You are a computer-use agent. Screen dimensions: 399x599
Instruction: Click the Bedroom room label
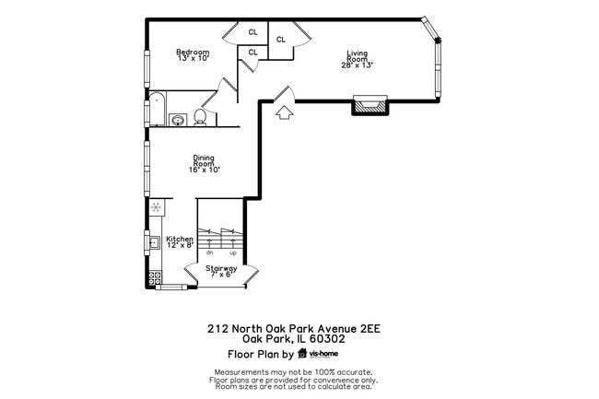193,52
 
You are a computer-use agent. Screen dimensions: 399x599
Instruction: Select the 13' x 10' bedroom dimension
193,58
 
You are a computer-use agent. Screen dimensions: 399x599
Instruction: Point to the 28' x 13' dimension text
358,65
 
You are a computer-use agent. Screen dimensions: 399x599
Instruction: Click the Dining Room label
204,159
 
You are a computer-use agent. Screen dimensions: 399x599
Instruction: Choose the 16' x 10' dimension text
204,170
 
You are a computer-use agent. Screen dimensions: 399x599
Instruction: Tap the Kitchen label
180,239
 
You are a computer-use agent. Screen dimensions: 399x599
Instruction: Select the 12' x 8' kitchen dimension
180,245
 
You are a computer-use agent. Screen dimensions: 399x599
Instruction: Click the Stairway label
221,268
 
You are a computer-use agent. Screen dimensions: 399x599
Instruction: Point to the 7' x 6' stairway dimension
221,275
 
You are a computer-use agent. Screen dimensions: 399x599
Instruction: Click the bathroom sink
178,119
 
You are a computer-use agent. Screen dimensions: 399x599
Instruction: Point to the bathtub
157,110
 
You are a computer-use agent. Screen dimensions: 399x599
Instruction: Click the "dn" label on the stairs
210,252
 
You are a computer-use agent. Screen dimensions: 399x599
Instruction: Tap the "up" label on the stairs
232,252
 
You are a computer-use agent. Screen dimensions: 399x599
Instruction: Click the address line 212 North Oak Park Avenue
293,327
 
